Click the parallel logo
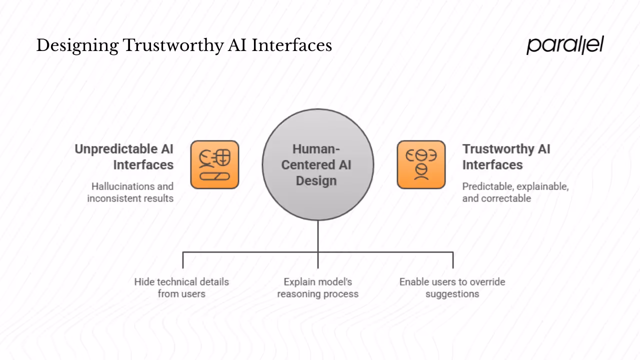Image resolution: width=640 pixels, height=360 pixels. tap(565, 45)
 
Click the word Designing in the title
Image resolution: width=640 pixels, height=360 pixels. tap(77, 46)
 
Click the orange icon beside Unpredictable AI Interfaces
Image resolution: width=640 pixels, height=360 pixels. tap(214, 164)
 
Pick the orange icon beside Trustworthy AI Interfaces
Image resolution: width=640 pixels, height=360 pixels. tap(421, 164)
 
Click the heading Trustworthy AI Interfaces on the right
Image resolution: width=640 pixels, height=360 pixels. tap(506, 156)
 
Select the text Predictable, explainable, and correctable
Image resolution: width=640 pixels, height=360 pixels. tap(515, 192)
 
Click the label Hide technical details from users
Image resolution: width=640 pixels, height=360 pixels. tap(181, 287)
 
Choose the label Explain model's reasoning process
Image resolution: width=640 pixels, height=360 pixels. tap(318, 287)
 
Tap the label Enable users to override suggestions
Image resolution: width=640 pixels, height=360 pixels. tap(452, 287)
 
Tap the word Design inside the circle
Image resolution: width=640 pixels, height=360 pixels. tap(316, 180)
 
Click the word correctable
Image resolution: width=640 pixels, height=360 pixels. tap(505, 198)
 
